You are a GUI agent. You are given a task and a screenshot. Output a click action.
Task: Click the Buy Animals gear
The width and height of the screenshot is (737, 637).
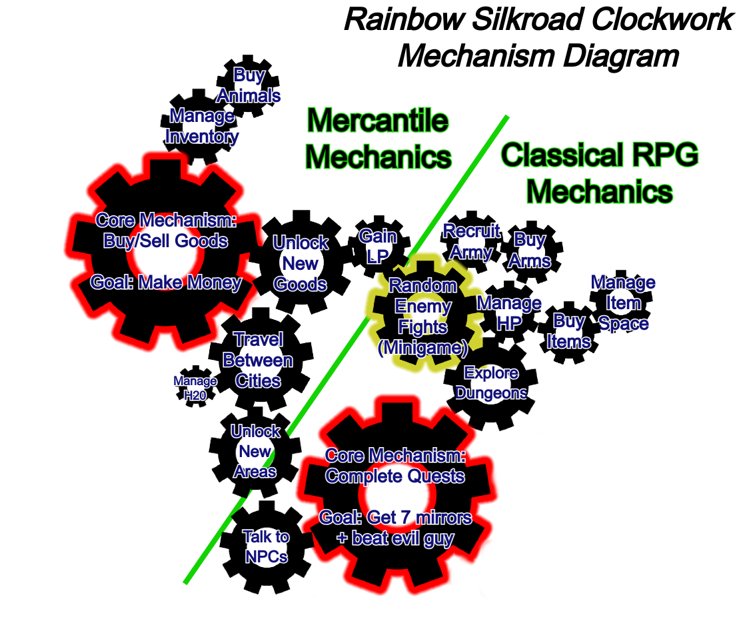coord(249,86)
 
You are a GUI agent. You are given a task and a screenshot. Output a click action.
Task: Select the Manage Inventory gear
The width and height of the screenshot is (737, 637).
coord(201,127)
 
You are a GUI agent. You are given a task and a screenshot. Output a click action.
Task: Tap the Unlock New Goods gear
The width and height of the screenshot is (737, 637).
coord(301,263)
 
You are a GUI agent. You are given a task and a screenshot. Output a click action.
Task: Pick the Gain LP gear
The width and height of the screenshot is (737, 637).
coord(378,247)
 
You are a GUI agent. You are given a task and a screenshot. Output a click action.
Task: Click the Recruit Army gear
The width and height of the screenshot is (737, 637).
coord(471,242)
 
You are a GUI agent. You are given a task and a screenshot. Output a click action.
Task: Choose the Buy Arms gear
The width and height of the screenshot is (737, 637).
coord(530,250)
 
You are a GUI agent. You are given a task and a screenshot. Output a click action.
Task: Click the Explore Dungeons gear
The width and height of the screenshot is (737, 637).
coord(491,383)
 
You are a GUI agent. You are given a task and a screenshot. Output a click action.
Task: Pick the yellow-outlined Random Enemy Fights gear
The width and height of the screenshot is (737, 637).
coord(423,317)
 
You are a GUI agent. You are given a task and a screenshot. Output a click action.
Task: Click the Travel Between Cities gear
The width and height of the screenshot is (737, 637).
coord(257,361)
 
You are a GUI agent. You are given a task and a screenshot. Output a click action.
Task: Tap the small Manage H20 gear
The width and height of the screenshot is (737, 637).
coord(195,387)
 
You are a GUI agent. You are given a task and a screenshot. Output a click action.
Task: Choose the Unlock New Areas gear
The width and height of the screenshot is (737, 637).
coord(255,452)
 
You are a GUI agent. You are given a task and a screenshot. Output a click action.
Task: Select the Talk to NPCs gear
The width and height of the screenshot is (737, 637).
coord(266,546)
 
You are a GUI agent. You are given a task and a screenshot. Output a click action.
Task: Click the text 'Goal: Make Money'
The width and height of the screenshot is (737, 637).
coord(166,283)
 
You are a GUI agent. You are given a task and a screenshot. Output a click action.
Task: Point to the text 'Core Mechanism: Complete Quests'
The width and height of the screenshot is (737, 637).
coord(394,466)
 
